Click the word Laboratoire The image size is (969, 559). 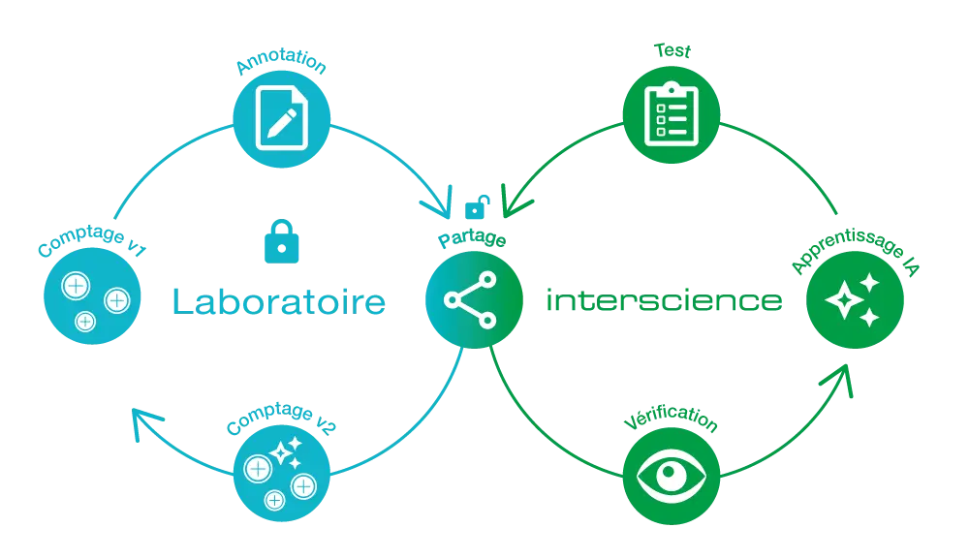coord(278,301)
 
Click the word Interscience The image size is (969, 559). coord(663,301)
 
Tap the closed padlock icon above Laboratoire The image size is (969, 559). coord(282,241)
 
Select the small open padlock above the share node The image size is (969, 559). coord(477,206)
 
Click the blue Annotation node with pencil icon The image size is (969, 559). coord(282,119)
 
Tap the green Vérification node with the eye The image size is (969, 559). coord(671,477)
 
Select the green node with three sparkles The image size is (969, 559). coord(855,299)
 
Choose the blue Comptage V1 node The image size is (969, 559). coord(92,295)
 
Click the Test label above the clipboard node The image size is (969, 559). coord(671,48)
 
